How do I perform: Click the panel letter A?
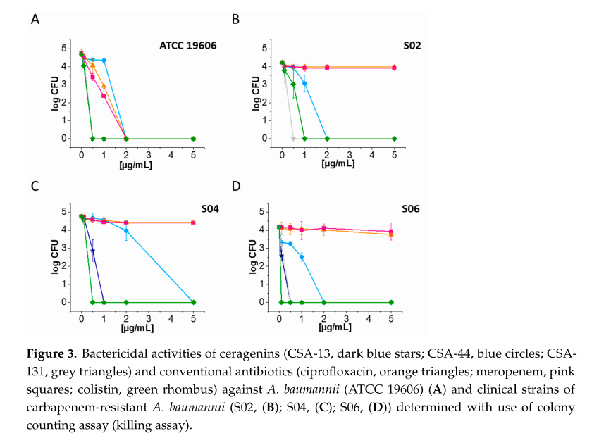pyautogui.click(x=35, y=19)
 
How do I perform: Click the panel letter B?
pyautogui.click(x=235, y=19)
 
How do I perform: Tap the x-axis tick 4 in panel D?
pyautogui.click(x=369, y=318)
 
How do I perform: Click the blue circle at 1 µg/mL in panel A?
pyautogui.click(x=104, y=61)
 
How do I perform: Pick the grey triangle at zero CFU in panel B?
pyautogui.click(x=293, y=139)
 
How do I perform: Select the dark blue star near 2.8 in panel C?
pyautogui.click(x=92, y=251)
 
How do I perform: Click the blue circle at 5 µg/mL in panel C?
pyautogui.click(x=194, y=302)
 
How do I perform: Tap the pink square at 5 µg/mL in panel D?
pyautogui.click(x=391, y=231)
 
